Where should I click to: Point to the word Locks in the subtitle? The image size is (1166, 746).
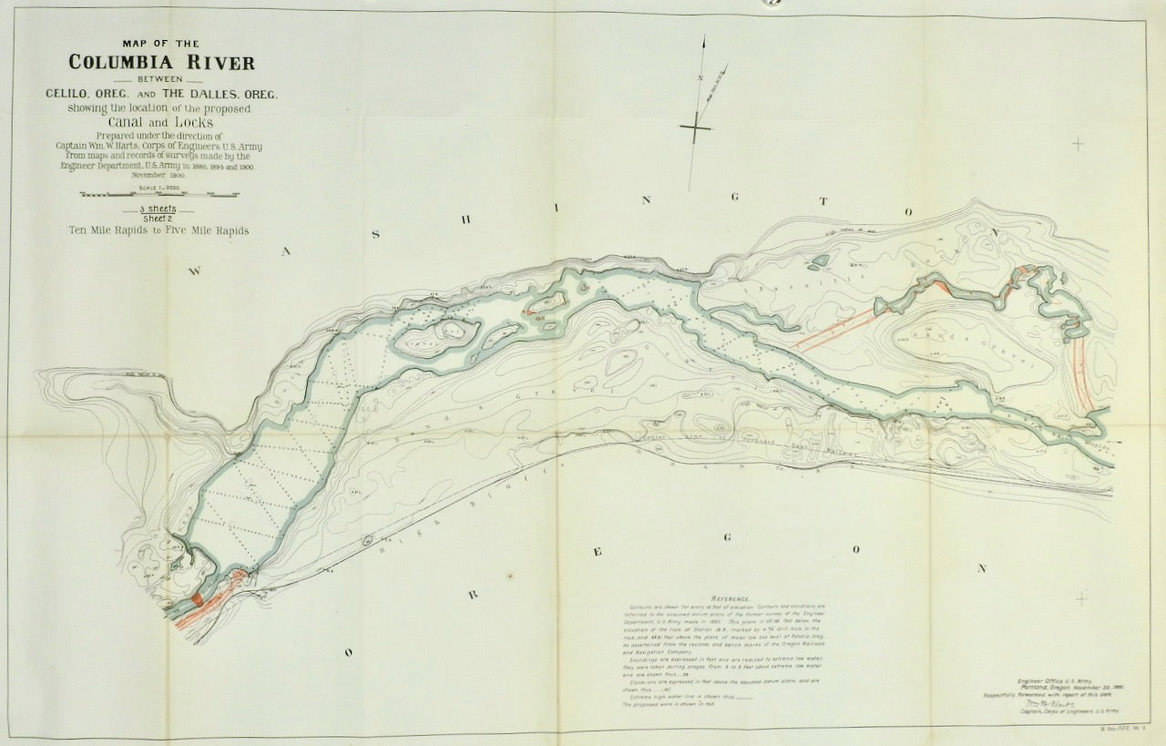[192, 121]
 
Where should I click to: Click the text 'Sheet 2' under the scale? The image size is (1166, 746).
[159, 219]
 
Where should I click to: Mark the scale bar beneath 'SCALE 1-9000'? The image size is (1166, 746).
[159, 194]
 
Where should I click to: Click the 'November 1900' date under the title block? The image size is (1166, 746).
[159, 175]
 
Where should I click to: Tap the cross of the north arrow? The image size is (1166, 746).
[695, 128]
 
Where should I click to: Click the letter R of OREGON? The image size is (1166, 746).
[473, 596]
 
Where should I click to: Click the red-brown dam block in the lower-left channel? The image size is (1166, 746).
[198, 600]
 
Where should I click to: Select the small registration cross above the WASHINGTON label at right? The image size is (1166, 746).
[1079, 143]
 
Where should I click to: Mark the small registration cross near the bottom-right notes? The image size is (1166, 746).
[1080, 598]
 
